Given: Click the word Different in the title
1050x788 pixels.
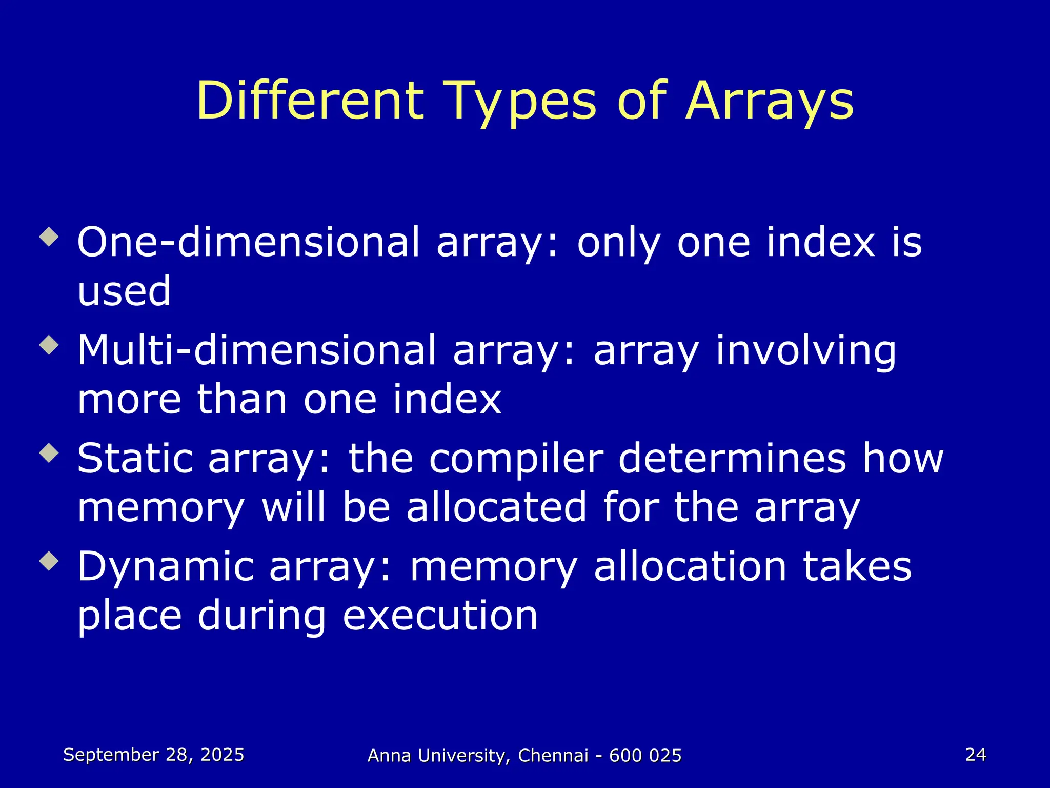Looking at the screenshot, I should tap(310, 101).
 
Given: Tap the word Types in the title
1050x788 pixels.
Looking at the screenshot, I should tap(522, 101).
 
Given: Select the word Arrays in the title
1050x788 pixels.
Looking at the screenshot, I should tap(770, 101).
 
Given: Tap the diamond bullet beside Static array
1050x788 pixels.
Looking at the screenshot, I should tap(49, 452).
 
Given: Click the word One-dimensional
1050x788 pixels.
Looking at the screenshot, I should tap(248, 242).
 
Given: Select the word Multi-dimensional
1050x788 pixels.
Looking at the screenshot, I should tap(256, 350).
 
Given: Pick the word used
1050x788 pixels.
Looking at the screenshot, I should tap(124, 291).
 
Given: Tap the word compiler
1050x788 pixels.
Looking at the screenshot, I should tap(516, 458).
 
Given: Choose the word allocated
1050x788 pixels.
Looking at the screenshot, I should tap(496, 507).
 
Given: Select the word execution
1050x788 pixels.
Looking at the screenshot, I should tap(440, 616).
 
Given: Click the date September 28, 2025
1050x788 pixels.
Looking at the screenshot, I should tap(153, 755).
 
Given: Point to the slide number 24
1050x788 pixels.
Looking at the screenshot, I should tap(975, 755).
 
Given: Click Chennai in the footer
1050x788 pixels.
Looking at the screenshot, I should tap(553, 756).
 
